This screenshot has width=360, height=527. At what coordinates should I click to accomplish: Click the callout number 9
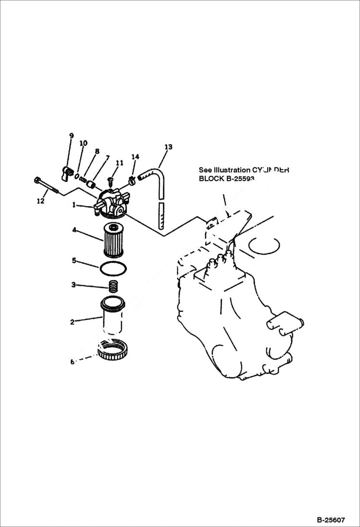[x=71, y=136]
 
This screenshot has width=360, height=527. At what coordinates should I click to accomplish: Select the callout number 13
[x=168, y=147]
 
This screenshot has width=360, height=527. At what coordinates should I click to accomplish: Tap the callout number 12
[x=41, y=201]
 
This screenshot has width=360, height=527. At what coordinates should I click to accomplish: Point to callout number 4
[x=74, y=230]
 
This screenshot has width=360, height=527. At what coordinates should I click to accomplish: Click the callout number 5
[x=74, y=260]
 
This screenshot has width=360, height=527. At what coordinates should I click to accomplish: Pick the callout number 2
[x=72, y=322]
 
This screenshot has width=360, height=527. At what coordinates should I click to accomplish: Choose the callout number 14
[x=135, y=157]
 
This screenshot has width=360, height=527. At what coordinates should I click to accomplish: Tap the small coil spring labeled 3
[x=114, y=286]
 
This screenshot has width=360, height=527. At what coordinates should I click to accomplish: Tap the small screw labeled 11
[x=110, y=180]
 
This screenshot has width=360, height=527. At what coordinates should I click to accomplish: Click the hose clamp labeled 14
[x=131, y=181]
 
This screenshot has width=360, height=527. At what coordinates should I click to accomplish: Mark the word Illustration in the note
[x=225, y=170]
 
